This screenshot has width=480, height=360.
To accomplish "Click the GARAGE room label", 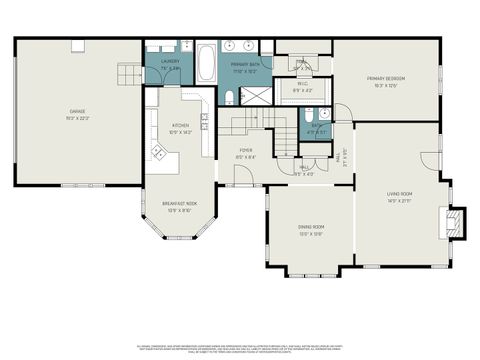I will pyautogui.click(x=77, y=111).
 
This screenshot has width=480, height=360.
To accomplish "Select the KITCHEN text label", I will pyautogui.click(x=180, y=126).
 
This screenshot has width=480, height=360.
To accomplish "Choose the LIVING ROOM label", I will pyautogui.click(x=400, y=193).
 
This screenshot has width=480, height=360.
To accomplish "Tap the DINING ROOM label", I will pyautogui.click(x=310, y=227).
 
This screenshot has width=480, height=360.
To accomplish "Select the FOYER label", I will pyautogui.click(x=244, y=152).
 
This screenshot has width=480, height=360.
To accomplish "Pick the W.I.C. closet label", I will pyautogui.click(x=301, y=88).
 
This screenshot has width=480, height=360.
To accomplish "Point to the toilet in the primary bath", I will pyautogui.click(x=228, y=98).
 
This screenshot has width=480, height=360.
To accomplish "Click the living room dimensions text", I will pyautogui.click(x=400, y=200).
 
